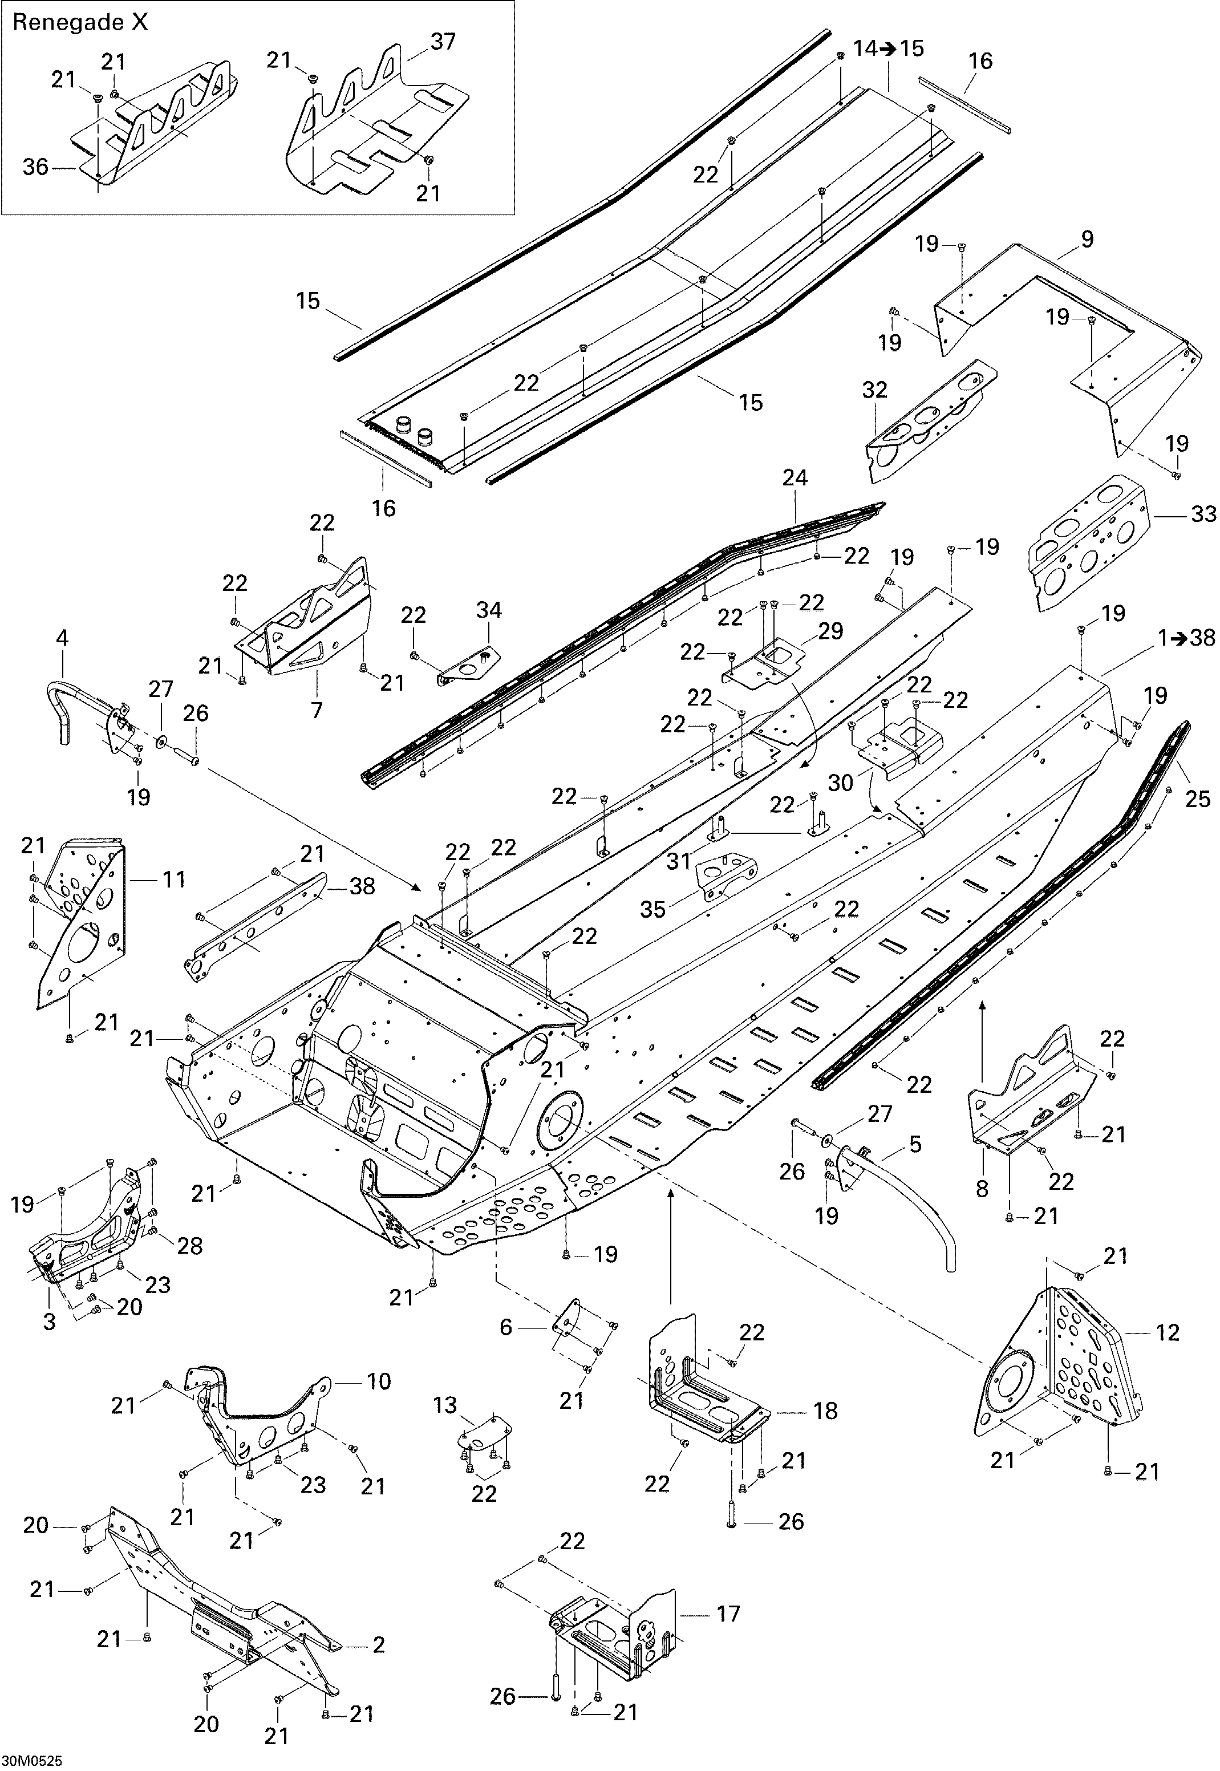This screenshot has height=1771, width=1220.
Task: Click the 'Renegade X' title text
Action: point(80,23)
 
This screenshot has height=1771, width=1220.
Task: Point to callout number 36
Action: point(35,167)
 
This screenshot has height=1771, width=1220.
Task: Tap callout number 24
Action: point(795,479)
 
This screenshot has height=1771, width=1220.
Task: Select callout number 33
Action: point(1203,514)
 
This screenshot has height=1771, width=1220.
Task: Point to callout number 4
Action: point(63,638)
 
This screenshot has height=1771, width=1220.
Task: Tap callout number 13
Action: point(444,1405)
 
